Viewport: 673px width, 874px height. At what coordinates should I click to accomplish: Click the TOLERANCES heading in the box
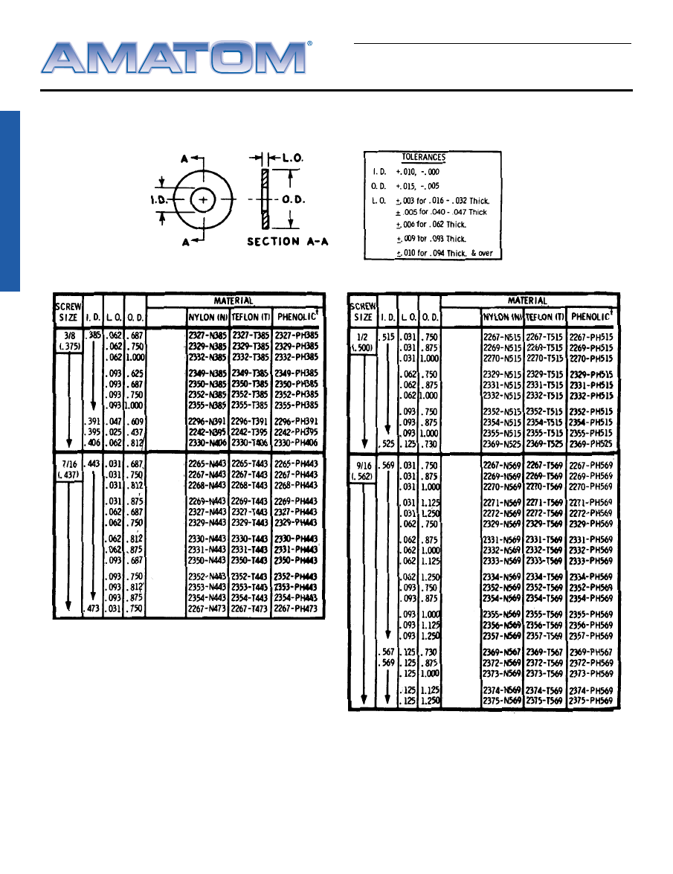423,158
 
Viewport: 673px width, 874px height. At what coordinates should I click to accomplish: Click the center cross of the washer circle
204,199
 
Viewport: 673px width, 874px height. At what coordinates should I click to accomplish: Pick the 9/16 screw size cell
363,469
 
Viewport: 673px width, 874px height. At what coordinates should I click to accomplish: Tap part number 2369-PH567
591,652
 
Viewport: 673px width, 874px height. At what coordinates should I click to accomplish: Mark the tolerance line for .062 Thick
431,224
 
